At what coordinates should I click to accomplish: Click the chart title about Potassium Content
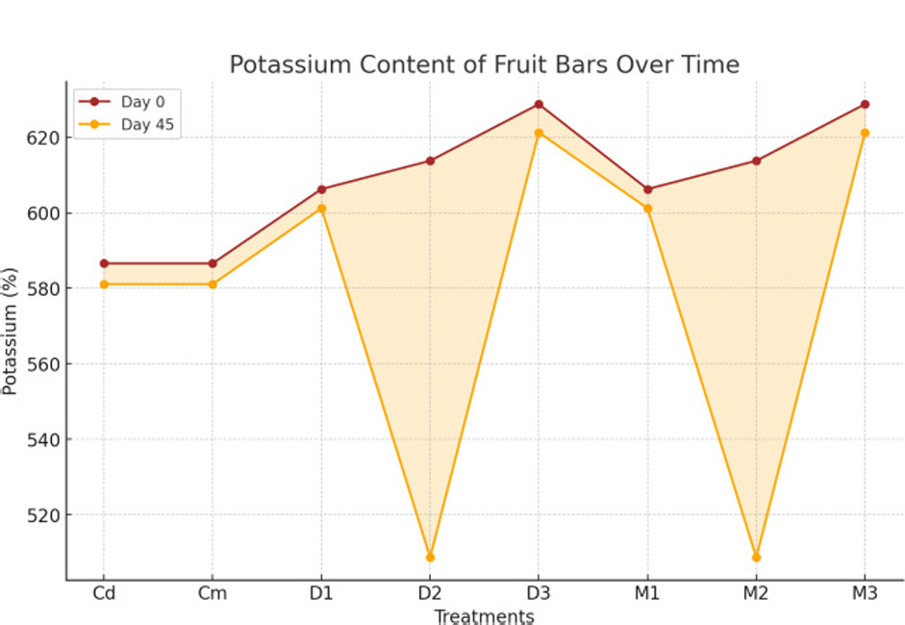coord(484,64)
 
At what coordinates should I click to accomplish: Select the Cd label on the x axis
coord(104,594)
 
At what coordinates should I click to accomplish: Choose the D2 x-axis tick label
coord(430,594)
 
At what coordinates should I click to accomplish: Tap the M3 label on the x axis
coord(865,594)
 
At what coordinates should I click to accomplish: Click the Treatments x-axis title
coord(484,616)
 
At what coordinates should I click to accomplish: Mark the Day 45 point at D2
coord(430,557)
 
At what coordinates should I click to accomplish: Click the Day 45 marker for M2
coord(756,557)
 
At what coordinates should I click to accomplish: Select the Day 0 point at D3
coord(539,104)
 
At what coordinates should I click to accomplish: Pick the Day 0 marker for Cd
coord(104,263)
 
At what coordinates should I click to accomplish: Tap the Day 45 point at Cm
coord(213,284)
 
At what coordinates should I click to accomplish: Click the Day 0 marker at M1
coord(647,189)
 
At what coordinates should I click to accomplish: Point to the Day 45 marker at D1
coord(321,208)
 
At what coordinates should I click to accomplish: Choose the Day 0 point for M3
coord(865,104)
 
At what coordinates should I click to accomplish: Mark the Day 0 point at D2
coord(430,161)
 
